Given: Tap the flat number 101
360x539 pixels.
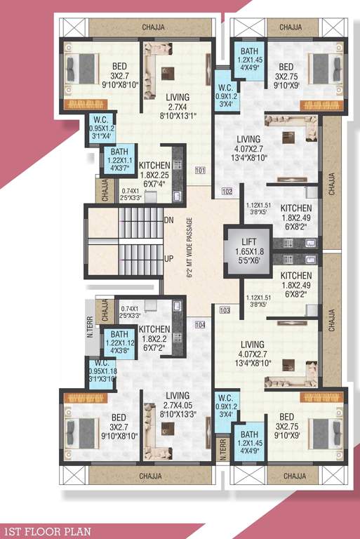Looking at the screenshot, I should (199, 171).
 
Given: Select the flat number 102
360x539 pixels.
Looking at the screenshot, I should (226, 191).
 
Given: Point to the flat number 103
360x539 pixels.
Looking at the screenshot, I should (225, 310).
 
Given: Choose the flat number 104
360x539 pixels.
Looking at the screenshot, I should (199, 324).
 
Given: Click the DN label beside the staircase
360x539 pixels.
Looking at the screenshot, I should (168, 220).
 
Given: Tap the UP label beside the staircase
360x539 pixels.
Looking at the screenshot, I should (168, 260).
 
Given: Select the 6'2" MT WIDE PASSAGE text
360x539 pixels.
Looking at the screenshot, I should (190, 249).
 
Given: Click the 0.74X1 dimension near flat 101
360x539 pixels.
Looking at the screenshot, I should (150, 194).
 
